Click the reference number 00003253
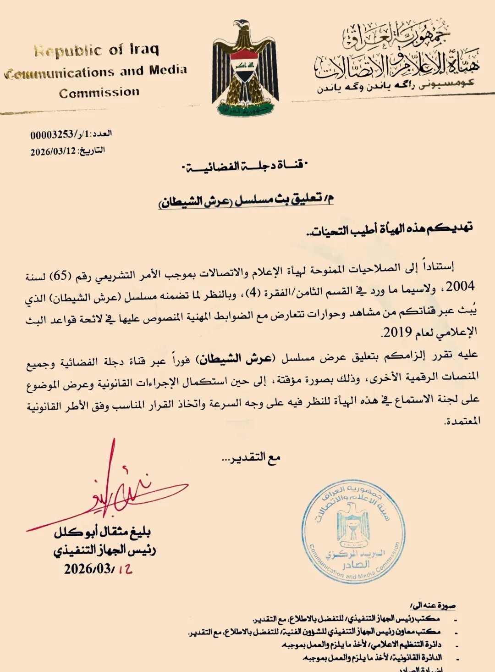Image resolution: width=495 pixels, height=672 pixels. pos(52,134)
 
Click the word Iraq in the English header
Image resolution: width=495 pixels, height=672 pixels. pos(144,49)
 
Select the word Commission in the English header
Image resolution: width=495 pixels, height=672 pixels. pos(99,93)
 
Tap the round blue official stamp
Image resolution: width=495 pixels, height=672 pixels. pos(353,532)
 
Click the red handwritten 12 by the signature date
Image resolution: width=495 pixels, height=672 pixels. pos(125,569)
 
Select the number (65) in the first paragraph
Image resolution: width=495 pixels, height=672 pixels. pos(60,276)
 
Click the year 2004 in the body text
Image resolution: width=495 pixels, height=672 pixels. pos(460,287)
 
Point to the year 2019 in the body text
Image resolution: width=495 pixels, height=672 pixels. pos(397,332)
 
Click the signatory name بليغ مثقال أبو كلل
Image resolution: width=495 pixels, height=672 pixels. pos(103,532)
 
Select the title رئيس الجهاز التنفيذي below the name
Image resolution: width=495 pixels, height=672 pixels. pos(104,550)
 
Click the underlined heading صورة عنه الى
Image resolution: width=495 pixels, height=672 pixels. pos(433,606)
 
